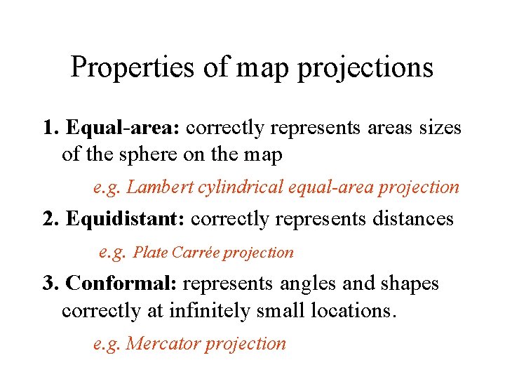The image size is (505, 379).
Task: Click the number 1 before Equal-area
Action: pyautogui.click(x=48, y=128)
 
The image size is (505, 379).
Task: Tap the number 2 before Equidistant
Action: pyautogui.click(x=49, y=219)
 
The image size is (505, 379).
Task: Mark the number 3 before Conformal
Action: pyautogui.click(x=48, y=284)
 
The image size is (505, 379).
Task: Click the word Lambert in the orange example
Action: pyautogui.click(x=154, y=187)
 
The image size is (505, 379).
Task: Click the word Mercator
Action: pyautogui.click(x=161, y=344)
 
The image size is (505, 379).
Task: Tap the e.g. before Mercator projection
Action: pyautogui.click(x=107, y=344)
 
